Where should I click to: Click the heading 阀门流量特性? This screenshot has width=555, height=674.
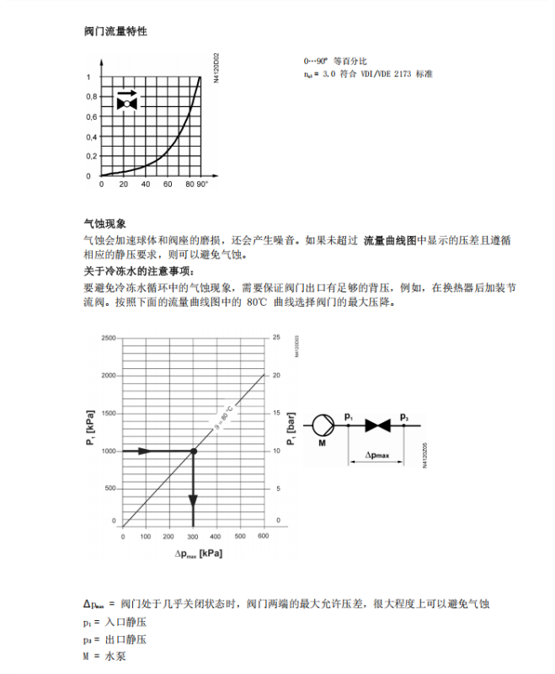(x=115, y=31)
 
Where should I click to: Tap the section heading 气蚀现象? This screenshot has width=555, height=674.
(x=104, y=224)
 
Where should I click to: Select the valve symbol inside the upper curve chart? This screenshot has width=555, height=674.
(x=128, y=103)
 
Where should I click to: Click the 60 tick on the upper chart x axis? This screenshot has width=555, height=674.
(x=167, y=184)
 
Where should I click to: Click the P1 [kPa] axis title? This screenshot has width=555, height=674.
(x=89, y=429)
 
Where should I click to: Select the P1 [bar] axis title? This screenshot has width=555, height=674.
(x=291, y=429)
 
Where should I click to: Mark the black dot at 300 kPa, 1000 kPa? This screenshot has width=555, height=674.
(x=193, y=452)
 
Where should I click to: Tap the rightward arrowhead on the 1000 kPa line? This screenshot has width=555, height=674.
(x=145, y=452)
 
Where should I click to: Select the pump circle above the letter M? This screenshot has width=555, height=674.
(x=322, y=425)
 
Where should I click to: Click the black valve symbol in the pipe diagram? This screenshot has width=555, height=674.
(x=376, y=425)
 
